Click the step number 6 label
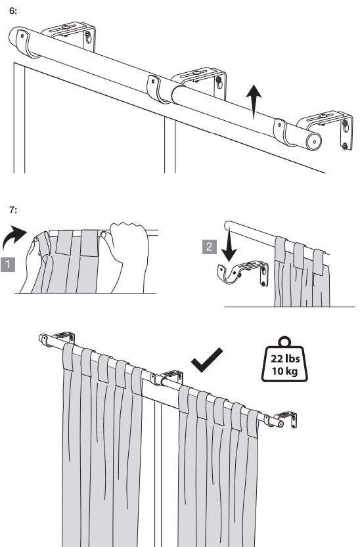click(13, 11)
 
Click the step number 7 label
click(13, 210)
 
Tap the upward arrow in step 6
click(254, 102)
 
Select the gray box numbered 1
click(8, 265)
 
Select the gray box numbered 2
click(210, 247)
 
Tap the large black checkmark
click(207, 360)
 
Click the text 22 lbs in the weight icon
click(285, 359)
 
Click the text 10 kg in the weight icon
click(285, 370)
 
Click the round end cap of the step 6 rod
click(314, 141)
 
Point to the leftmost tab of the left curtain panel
click(68, 357)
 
